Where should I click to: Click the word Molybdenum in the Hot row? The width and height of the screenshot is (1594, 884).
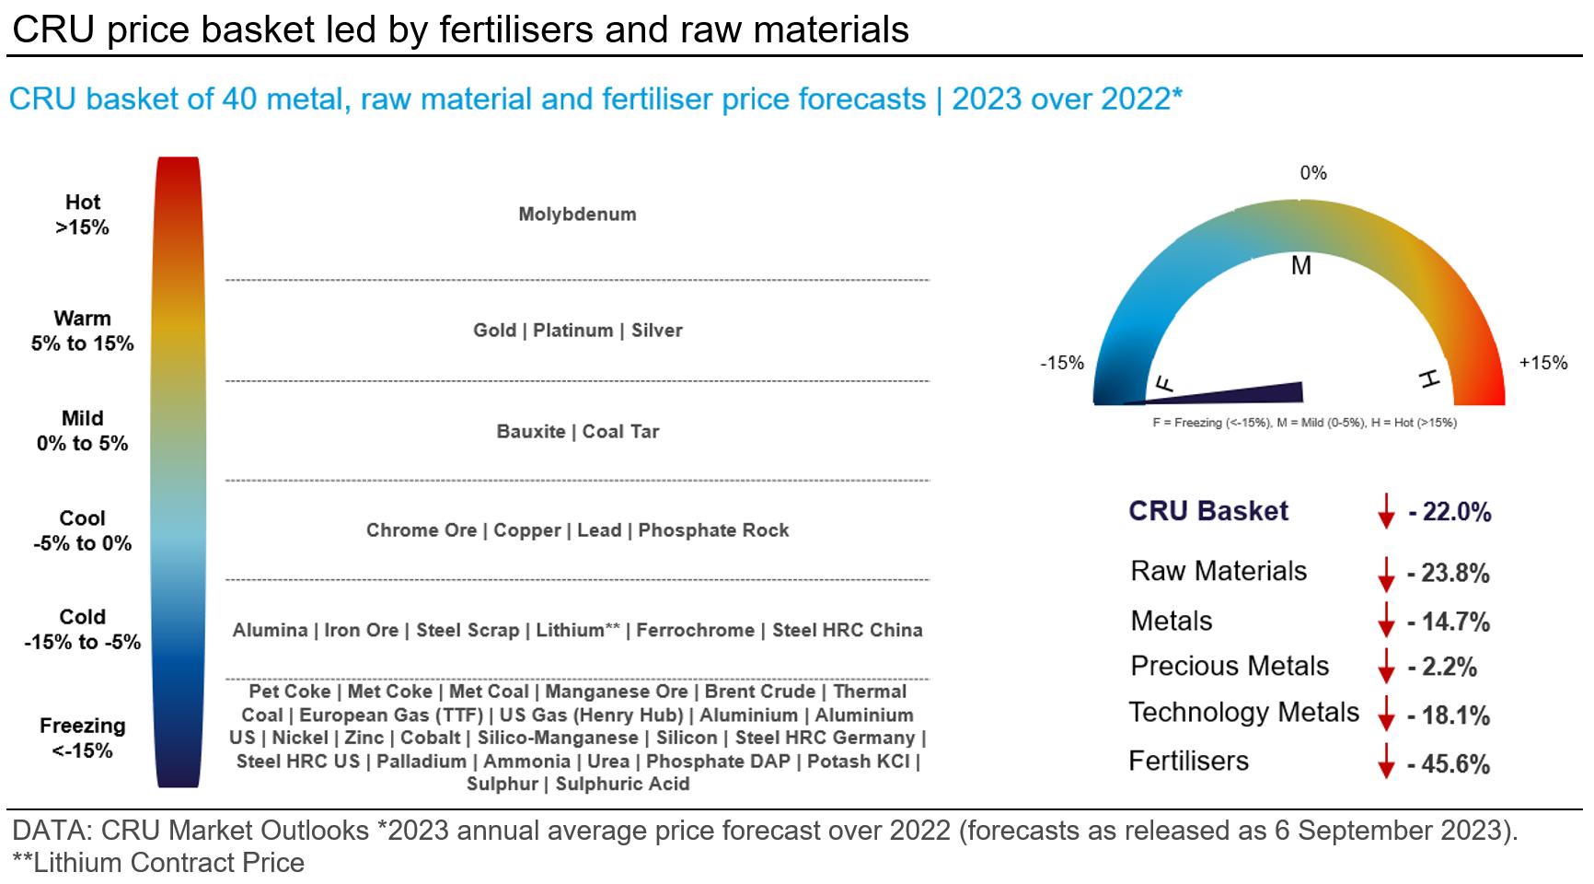577,215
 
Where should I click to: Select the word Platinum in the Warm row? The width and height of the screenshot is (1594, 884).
572,331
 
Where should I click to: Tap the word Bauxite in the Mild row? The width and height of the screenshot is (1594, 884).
530,432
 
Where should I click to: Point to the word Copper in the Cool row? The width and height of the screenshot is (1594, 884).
526,530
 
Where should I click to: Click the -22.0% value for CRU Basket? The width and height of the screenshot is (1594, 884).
1449,512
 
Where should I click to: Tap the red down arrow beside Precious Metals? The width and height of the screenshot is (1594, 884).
1386,667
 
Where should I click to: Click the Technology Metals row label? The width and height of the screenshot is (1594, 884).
1243,713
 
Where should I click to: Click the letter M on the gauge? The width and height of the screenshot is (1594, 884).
1300,266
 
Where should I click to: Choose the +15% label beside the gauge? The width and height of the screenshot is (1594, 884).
1542,363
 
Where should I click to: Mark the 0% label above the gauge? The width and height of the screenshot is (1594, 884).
1313,173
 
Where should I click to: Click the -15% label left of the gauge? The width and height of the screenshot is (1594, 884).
1062,364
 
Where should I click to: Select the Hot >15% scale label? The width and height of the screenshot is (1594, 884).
83,215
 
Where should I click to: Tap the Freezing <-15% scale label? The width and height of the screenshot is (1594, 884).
83,738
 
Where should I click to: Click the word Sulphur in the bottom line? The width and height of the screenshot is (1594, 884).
502,785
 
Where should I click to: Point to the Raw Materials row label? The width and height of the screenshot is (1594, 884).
1218,571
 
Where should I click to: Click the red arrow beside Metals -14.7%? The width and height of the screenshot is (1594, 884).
1386,622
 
